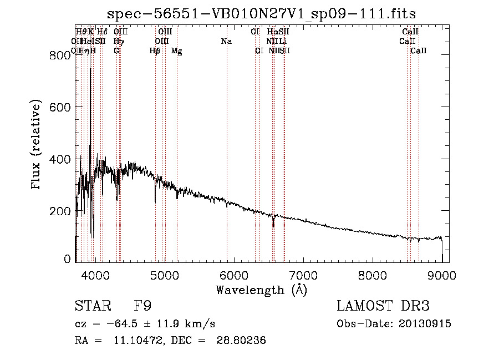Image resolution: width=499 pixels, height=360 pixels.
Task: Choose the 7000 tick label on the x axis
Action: [303, 275]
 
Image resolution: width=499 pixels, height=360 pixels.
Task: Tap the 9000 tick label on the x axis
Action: [442, 275]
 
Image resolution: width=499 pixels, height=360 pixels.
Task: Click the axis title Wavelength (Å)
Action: [261, 289]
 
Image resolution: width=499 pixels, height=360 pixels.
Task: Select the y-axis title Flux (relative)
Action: [37, 144]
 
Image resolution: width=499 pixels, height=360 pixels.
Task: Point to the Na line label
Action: [226, 42]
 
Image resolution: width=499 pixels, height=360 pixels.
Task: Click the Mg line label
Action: [177, 51]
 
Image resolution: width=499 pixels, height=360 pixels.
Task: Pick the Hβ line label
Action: [155, 51]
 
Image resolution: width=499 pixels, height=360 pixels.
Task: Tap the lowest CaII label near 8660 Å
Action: [419, 51]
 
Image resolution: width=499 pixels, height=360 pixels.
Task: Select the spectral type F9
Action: [142, 306]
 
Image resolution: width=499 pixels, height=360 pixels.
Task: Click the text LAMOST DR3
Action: [383, 306]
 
